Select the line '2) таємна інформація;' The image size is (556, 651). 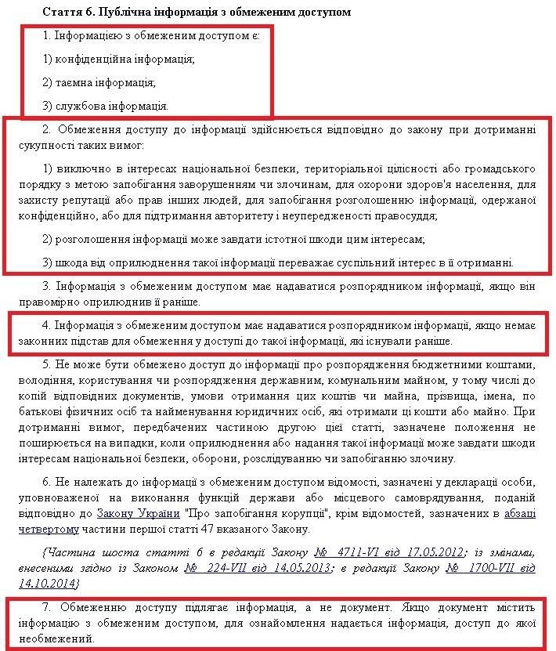100,81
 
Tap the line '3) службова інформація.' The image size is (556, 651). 107,105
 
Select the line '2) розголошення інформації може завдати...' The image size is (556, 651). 235,238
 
